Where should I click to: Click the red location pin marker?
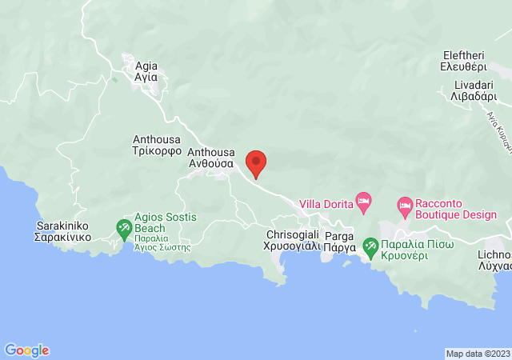256,163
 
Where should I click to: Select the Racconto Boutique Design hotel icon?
406,206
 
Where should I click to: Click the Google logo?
26,350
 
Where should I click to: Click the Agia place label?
147,66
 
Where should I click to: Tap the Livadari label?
465,84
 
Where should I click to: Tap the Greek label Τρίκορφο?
157,150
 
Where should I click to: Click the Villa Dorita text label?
326,204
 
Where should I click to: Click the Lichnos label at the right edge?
494,254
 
